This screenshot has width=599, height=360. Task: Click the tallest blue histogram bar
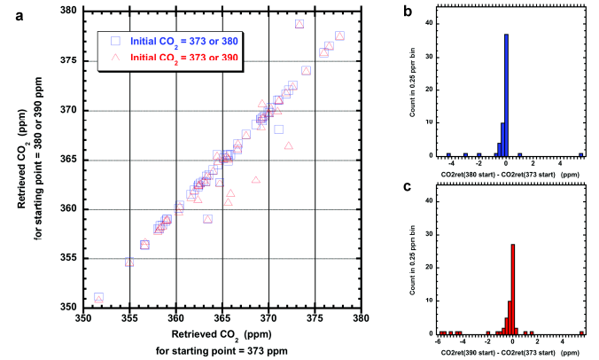pos(506,95)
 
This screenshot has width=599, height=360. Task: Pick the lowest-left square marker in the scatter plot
pos(98,297)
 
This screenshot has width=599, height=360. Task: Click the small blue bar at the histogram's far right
pos(581,154)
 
